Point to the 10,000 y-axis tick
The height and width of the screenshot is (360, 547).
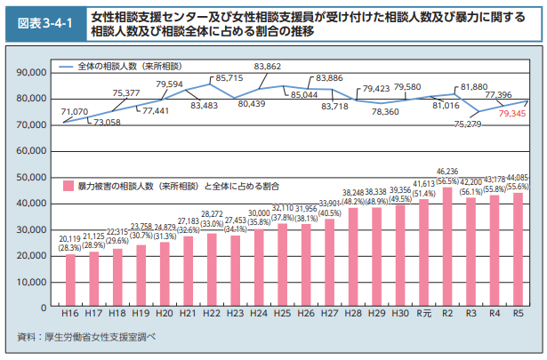point(35,282)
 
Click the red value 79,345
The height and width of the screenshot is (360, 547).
point(513,115)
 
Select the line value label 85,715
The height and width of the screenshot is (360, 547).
point(229,79)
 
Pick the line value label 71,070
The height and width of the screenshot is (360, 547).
point(75,111)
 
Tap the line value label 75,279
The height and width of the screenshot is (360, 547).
point(468,124)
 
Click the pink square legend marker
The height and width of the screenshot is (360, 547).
point(68,187)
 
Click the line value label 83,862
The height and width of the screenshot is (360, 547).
point(267,67)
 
